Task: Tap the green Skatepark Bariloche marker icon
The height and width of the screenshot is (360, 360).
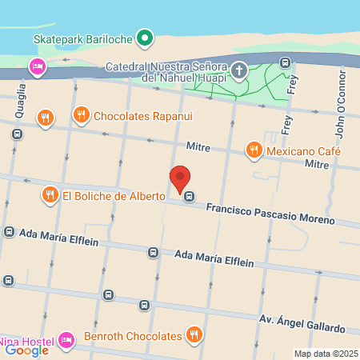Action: (x=144, y=37)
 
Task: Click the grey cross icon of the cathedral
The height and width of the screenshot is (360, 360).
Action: (x=238, y=72)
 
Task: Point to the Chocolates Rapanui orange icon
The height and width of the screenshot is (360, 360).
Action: (x=81, y=116)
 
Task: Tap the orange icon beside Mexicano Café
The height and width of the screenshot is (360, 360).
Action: (x=254, y=149)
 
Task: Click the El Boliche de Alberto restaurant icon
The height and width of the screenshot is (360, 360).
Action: (x=50, y=194)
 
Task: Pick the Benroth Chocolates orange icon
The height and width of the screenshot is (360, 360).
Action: (x=193, y=334)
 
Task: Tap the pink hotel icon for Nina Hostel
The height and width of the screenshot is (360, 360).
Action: (x=66, y=341)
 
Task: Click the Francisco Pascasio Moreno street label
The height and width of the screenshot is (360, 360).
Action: (x=270, y=213)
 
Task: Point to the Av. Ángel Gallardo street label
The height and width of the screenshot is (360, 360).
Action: (x=302, y=323)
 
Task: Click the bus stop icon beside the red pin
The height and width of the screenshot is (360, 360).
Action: (x=189, y=197)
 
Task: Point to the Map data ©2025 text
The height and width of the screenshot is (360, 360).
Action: (x=325, y=354)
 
